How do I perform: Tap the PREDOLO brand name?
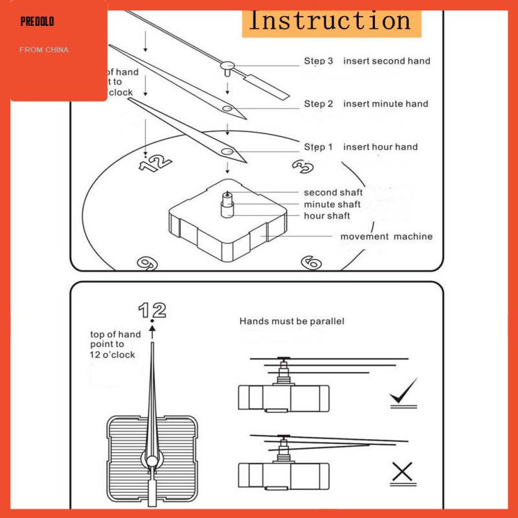click(x=37, y=22)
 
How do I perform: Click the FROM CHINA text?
click(x=44, y=49)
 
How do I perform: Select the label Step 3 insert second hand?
click(x=366, y=61)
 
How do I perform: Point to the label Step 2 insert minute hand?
click(x=366, y=104)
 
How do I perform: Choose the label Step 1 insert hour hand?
click(x=361, y=147)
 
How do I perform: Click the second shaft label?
click(x=333, y=192)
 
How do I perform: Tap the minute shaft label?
click(x=332, y=204)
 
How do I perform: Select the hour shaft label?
click(x=327, y=216)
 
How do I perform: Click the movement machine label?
click(x=387, y=236)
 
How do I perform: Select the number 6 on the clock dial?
click(x=311, y=262)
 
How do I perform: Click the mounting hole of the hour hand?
click(x=227, y=152)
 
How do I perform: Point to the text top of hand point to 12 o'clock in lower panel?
click(x=115, y=344)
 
